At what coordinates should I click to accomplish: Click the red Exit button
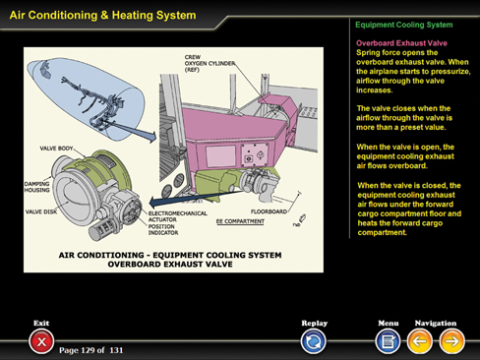click(41, 341)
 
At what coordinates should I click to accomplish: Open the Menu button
click(388, 341)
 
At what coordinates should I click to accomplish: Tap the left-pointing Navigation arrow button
click(419, 341)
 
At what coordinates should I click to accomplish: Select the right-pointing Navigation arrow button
click(451, 341)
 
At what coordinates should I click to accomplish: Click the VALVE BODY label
click(56, 149)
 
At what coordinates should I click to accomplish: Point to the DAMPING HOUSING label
click(36, 187)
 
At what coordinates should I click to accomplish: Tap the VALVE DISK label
click(41, 211)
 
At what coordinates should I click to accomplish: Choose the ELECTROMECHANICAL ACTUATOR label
click(178, 216)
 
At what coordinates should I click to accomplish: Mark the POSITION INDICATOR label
click(163, 229)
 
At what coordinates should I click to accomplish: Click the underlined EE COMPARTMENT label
click(240, 221)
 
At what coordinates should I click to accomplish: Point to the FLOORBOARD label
click(269, 211)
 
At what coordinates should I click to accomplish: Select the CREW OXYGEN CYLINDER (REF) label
click(210, 63)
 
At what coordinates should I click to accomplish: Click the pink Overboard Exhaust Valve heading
click(401, 43)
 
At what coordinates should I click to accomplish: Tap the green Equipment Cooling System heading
click(404, 25)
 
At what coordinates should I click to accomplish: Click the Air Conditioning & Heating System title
click(102, 15)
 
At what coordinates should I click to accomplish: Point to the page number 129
click(88, 350)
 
